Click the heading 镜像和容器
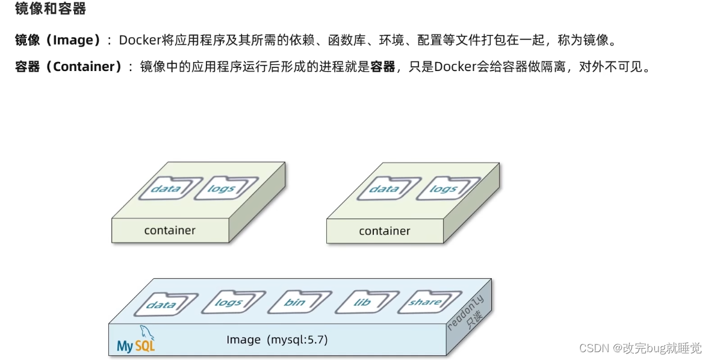pos(51,8)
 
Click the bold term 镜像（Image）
pos(58,40)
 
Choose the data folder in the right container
pos(383,188)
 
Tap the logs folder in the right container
pos(442,188)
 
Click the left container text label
pos(170,231)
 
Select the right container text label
pos(385,231)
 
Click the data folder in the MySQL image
pos(161,305)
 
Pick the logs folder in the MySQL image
pos(228,303)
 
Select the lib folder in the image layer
pos(362,302)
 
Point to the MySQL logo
pos(136,341)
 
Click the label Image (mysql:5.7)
pos(277,340)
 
